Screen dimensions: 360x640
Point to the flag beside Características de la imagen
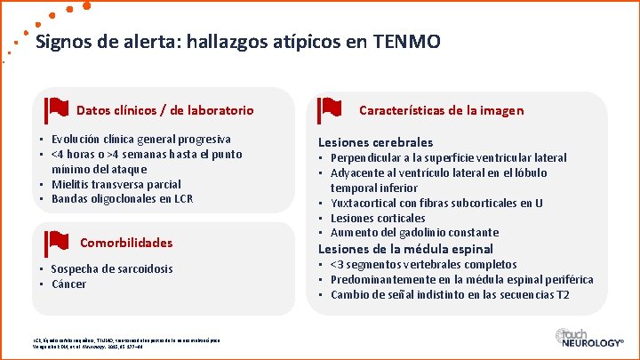coord(331,109)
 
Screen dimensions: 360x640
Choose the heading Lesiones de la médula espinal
coord(405,249)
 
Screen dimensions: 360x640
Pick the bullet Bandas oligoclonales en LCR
coord(122,199)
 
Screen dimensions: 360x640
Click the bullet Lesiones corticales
coord(378,219)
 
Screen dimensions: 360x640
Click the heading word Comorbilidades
coord(126,243)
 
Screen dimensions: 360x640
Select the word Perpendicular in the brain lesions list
coord(372,158)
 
